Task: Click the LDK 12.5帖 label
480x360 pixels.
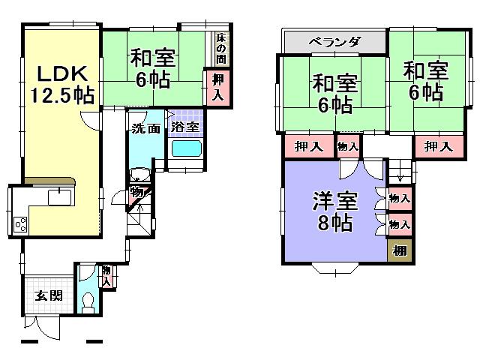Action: [x=61, y=84]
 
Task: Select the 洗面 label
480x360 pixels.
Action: [x=145, y=128]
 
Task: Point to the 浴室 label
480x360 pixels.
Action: [x=184, y=127]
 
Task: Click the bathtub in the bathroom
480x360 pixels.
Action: [x=184, y=148]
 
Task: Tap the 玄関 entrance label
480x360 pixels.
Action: [x=47, y=295]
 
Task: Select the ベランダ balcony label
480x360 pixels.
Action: [x=334, y=41]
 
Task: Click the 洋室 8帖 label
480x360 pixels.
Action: [x=334, y=212]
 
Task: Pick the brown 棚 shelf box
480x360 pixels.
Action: [x=400, y=250]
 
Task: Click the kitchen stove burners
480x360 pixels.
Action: [x=19, y=223]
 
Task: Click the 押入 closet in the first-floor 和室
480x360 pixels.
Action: [x=217, y=86]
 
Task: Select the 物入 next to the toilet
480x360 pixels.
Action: [x=106, y=275]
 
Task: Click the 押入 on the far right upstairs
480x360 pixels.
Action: [x=439, y=146]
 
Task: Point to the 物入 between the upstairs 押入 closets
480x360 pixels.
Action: [x=347, y=146]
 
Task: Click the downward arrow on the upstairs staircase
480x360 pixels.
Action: [x=400, y=177]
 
